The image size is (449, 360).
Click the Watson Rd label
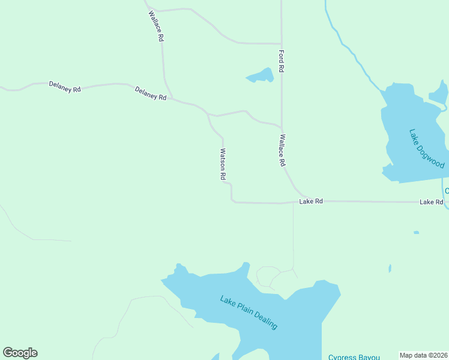(x=222, y=164)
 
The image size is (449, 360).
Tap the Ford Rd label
(x=281, y=61)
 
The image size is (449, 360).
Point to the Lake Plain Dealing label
(x=249, y=312)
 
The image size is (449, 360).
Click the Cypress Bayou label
(x=354, y=357)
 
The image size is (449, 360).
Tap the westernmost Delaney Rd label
(x=65, y=88)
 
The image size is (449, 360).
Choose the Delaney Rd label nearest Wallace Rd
(x=151, y=93)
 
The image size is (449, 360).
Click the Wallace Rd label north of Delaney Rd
(x=156, y=26)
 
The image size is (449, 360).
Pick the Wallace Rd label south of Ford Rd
(x=281, y=150)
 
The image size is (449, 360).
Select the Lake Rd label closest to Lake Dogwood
(x=431, y=202)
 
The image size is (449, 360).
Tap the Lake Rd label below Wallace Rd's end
(x=311, y=202)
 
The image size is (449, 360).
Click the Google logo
(x=20, y=353)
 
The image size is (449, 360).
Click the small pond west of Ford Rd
(x=261, y=76)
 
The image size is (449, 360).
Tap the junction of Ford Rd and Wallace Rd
(x=282, y=127)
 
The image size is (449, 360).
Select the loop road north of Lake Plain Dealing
(x=267, y=277)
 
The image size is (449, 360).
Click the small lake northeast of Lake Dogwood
(x=439, y=94)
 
